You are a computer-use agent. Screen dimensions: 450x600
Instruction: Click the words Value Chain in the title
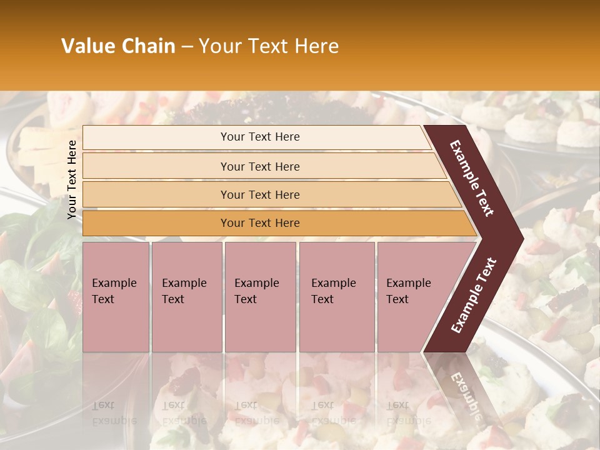118,46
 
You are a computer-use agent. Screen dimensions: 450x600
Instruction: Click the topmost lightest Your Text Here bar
260,137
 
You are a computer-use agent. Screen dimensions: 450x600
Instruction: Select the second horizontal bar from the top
260,166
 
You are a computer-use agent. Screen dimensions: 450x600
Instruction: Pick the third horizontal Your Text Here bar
260,194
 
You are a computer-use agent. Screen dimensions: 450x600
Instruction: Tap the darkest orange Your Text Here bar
260,223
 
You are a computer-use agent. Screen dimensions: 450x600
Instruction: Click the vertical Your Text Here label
72,179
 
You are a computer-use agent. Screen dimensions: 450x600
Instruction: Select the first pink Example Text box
116,297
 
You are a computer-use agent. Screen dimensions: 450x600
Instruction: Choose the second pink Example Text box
186,297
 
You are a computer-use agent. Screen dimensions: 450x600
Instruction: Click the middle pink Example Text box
260,297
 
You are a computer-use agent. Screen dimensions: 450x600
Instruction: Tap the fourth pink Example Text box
337,297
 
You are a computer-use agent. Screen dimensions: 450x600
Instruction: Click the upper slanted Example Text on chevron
472,178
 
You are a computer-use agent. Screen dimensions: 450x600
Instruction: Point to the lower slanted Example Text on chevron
474,295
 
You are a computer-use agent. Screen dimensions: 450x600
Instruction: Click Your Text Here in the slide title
269,46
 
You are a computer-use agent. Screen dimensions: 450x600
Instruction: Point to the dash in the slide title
187,46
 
